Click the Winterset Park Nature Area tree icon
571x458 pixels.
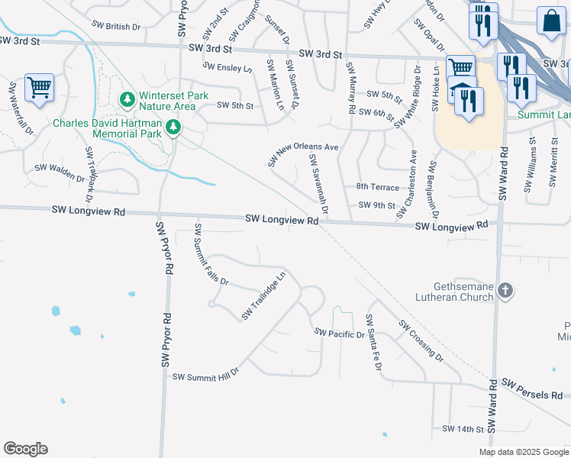pos(127,99)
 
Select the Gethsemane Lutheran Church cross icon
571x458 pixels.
pos(505,290)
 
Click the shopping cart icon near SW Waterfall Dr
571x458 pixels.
pos(39,86)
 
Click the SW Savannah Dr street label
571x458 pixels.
pos(318,183)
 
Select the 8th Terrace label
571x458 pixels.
pos(378,187)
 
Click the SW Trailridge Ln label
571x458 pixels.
pos(263,296)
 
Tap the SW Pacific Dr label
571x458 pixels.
pos(340,334)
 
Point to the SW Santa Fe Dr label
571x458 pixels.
pos(373,342)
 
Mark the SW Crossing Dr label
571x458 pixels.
pos(421,340)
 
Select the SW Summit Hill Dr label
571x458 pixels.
pos(205,376)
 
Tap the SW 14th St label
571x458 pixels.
pos(463,429)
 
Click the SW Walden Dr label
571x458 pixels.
pos(60,173)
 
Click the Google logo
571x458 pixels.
pos(25,449)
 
